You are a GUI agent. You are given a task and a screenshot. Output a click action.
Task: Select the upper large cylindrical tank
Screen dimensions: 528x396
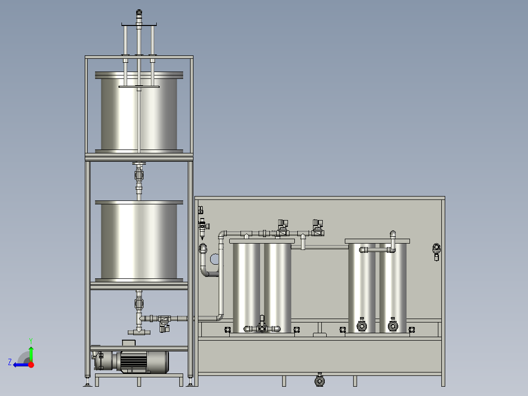[139, 112]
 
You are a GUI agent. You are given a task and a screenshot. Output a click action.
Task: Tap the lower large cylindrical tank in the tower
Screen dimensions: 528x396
[139, 241]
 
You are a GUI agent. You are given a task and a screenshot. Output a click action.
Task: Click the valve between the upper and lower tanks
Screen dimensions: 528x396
[139, 175]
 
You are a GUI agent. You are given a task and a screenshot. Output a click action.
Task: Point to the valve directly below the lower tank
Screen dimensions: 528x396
[139, 303]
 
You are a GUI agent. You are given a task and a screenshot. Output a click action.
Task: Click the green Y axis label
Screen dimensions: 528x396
[31, 341]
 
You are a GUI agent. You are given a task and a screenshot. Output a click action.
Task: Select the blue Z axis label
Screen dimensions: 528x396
[10, 362]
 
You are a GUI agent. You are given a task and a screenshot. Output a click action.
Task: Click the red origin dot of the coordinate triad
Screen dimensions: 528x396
[31, 365]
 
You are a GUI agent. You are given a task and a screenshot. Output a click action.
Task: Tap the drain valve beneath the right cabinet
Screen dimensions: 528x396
[319, 380]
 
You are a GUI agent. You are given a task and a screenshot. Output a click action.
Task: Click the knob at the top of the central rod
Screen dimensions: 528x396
[139, 13]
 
